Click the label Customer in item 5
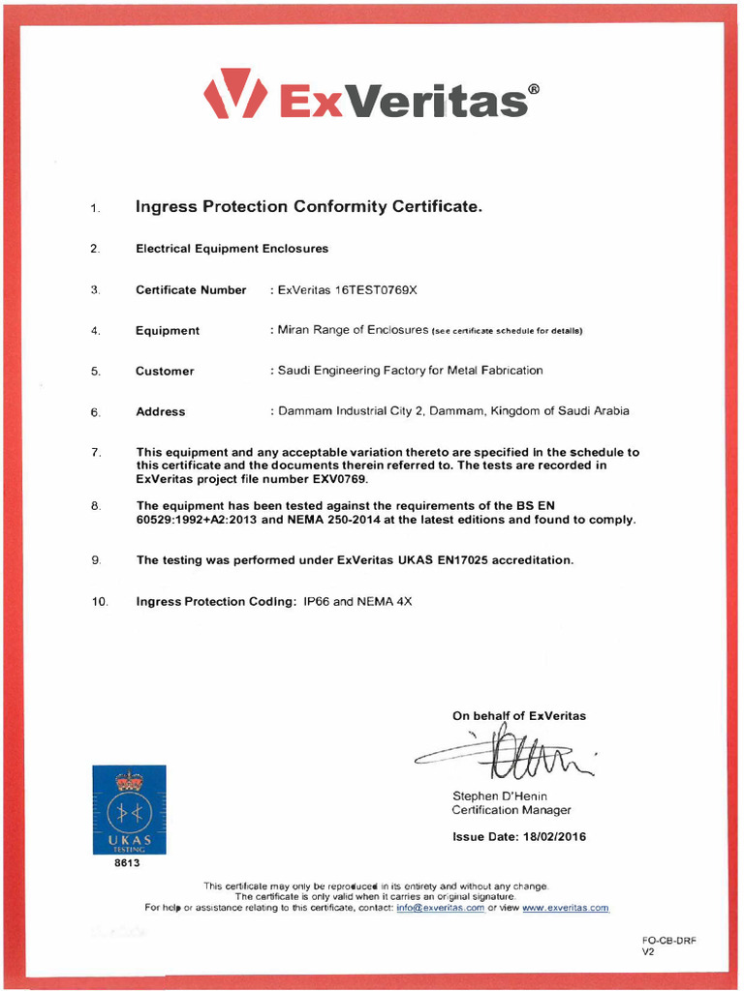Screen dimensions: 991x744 [165, 371]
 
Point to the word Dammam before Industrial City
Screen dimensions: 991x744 [304, 411]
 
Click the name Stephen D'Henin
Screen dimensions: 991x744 [500, 796]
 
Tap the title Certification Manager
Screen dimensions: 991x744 [511, 810]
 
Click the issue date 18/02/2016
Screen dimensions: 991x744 [554, 836]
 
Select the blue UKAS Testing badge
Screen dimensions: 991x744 [129, 809]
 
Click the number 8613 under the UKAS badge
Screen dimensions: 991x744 [128, 862]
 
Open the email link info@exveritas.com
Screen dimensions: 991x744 [440, 908]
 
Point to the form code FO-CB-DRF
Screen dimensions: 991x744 [668, 941]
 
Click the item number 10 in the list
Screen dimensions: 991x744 [100, 602]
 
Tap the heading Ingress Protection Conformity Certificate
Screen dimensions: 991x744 [308, 206]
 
